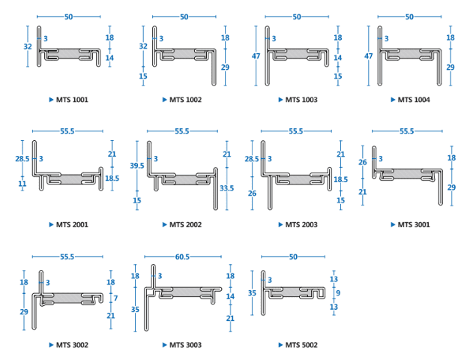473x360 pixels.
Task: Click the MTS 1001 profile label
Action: [72, 100]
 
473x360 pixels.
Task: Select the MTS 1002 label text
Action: [186, 100]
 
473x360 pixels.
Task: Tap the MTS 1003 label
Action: [300, 100]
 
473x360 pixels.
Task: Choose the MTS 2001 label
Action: [72, 224]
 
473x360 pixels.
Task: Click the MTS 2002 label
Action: [186, 224]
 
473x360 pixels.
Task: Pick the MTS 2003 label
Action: [300, 224]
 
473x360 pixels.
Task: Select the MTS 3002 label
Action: [72, 345]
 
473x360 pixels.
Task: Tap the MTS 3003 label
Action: [186, 345]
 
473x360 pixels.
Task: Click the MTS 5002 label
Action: [300, 345]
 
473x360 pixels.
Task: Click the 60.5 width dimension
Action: [182, 257]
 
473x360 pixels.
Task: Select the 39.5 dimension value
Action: [136, 165]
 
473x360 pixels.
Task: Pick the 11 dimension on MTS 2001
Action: [22, 184]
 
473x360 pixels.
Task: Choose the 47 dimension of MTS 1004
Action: [369, 56]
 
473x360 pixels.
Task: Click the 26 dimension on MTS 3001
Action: [363, 162]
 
